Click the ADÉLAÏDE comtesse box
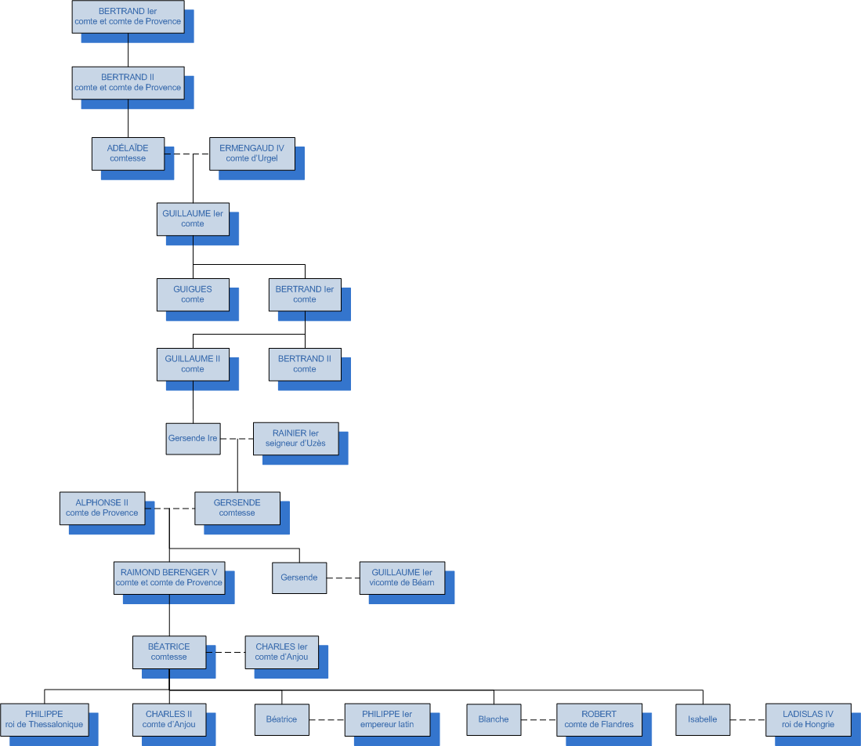click(128, 154)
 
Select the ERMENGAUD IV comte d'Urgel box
click(251, 154)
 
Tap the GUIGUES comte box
click(193, 295)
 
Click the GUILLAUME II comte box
click(193, 364)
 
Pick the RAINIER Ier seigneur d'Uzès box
click(296, 439)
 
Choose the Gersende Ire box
click(193, 439)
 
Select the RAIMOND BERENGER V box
click(169, 578)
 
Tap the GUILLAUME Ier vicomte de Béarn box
click(402, 578)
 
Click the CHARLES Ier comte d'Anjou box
click(281, 652)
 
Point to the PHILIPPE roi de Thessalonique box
click(44, 719)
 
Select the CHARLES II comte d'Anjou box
click(169, 719)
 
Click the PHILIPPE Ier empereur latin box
click(387, 719)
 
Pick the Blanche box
click(494, 719)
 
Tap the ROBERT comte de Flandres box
click(599, 719)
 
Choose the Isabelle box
click(703, 719)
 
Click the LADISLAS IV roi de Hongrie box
click(809, 719)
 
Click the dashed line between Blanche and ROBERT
click(538, 719)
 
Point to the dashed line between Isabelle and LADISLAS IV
click(747, 719)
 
